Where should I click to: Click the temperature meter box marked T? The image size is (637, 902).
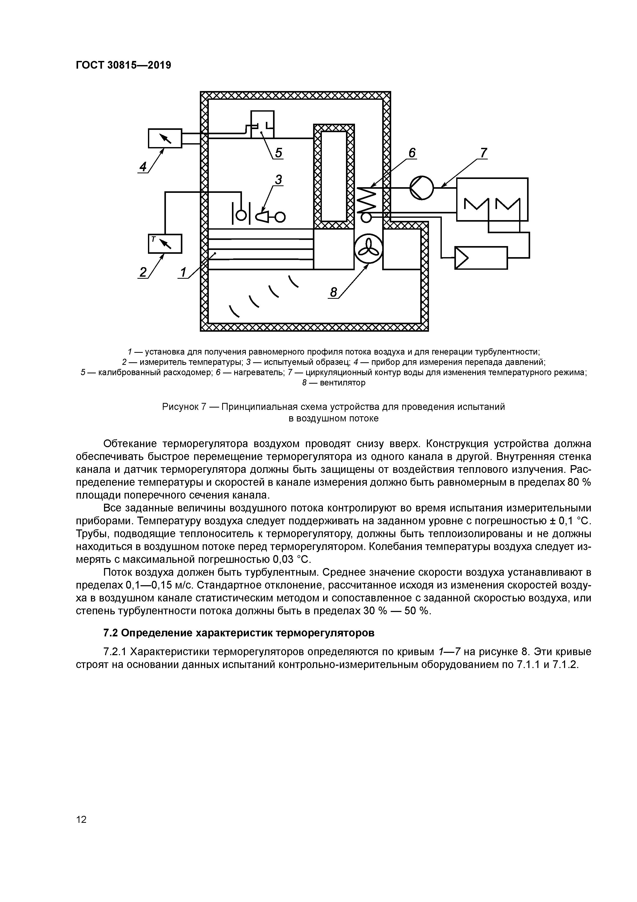(165, 243)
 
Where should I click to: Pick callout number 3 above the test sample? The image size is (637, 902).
(278, 179)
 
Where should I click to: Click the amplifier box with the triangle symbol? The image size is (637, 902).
(481, 258)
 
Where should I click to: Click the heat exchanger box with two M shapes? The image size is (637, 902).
(492, 200)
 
